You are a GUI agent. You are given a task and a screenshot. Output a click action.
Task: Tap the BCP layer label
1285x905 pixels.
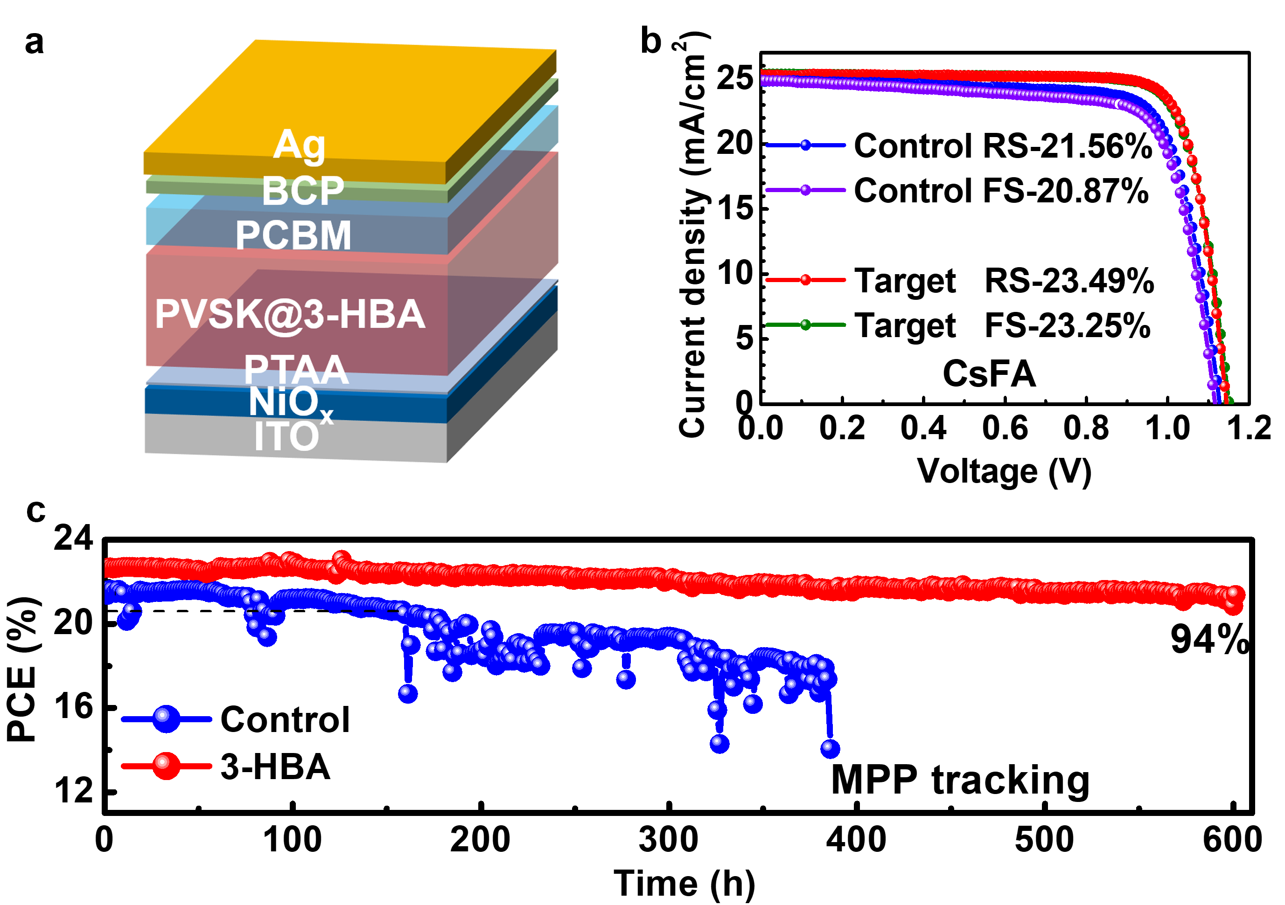click(x=303, y=190)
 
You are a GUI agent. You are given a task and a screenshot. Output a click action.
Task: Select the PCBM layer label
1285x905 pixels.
click(x=293, y=235)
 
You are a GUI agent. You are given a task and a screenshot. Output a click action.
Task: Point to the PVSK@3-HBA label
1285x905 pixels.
click(x=290, y=314)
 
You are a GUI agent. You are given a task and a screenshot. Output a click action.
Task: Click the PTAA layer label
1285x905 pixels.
click(x=297, y=369)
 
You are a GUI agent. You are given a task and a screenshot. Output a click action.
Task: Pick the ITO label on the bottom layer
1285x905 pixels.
click(x=286, y=436)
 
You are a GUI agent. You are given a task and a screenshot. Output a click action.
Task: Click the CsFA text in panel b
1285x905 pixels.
click(x=989, y=373)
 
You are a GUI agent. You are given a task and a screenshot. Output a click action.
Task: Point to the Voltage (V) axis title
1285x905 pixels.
click(x=1004, y=471)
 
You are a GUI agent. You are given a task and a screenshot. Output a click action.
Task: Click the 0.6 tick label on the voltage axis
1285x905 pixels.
click(x=1005, y=428)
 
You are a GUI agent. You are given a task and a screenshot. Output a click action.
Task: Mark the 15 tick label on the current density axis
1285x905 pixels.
click(x=735, y=208)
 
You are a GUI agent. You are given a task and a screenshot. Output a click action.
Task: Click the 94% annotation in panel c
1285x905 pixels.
click(x=1209, y=639)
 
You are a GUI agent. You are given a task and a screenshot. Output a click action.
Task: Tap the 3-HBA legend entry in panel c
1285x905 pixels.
click(x=275, y=766)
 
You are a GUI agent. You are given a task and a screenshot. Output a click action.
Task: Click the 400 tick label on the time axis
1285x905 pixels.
click(x=856, y=840)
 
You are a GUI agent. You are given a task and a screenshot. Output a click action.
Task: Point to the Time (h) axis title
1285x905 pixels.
click(x=684, y=884)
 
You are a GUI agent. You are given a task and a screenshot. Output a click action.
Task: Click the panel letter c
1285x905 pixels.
click(x=36, y=510)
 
